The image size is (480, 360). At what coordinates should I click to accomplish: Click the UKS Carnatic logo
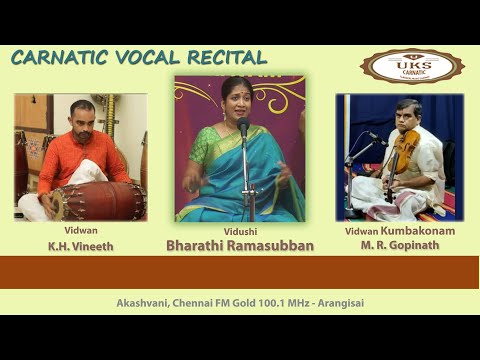(x=412, y=66)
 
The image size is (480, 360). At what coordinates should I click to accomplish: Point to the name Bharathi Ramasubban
(x=239, y=244)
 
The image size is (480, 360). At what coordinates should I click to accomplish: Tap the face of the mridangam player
(x=83, y=116)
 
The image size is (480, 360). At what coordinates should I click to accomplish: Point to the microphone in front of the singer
(x=243, y=127)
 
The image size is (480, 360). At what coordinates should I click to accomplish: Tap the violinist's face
(x=408, y=115)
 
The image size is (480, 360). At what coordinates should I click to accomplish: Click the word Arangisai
(x=340, y=301)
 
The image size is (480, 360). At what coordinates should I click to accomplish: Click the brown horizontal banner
(x=239, y=271)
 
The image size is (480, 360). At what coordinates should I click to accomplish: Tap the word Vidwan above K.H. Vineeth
(x=80, y=229)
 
